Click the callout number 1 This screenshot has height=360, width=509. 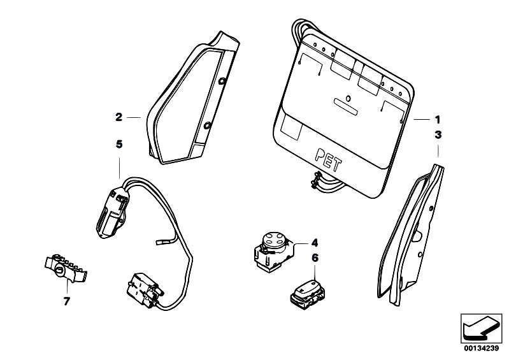click(x=437, y=119)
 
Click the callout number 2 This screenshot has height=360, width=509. click(x=118, y=117)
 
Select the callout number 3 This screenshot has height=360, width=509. click(x=437, y=134)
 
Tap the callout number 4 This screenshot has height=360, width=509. click(x=313, y=243)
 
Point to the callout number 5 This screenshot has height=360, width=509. click(x=118, y=145)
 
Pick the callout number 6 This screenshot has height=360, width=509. click(x=313, y=258)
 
